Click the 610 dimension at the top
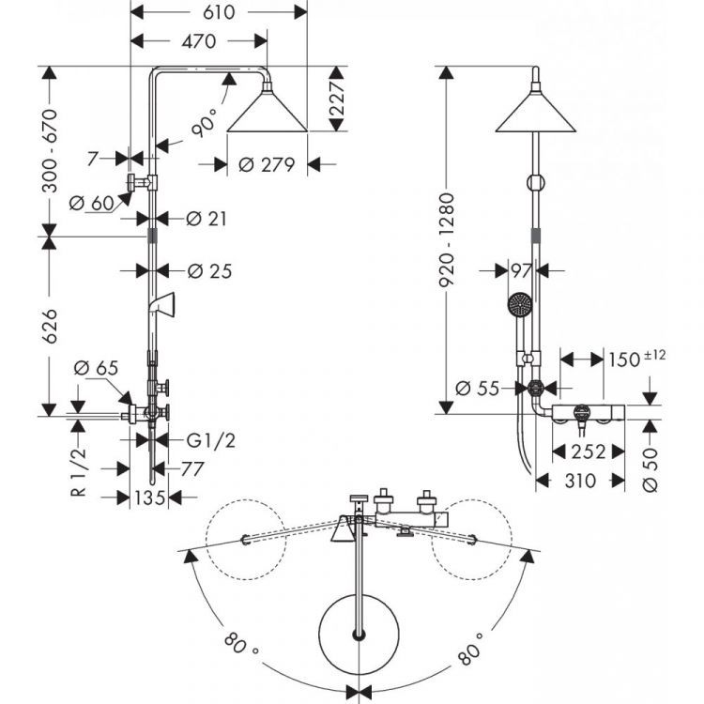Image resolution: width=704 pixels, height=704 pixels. (217, 11)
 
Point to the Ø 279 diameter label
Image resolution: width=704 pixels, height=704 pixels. (268, 163)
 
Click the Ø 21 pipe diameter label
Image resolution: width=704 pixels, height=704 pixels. (207, 218)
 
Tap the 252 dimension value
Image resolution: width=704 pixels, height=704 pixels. (587, 451)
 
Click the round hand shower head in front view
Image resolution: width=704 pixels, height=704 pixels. (518, 305)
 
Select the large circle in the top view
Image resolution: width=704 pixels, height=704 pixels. (358, 635)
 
